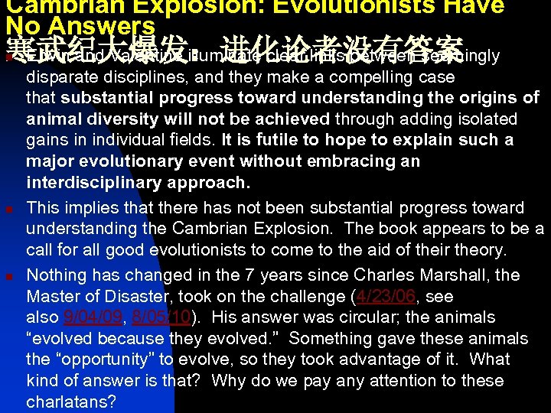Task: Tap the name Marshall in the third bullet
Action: tap(452, 275)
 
